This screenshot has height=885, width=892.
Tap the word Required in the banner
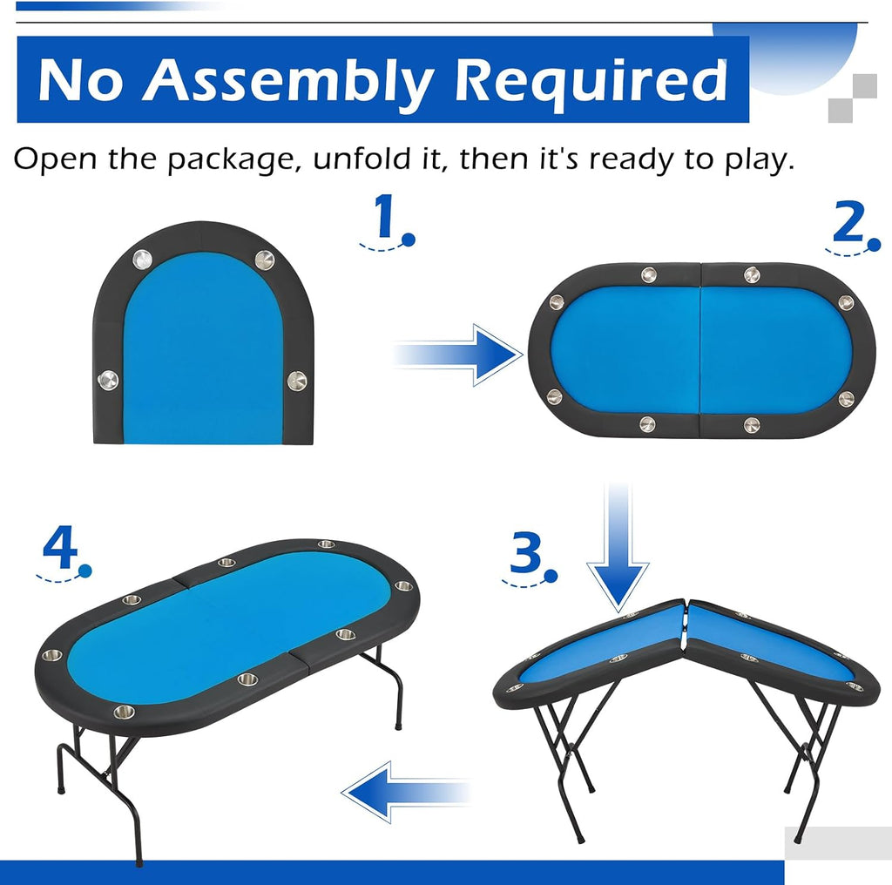pyautogui.click(x=591, y=80)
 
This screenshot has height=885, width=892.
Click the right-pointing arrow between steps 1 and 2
pyautogui.click(x=457, y=355)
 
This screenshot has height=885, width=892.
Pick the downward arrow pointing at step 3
pyautogui.click(x=618, y=547)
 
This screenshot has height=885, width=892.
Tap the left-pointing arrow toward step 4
pyautogui.click(x=406, y=792)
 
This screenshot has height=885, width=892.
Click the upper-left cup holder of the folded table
pyautogui.click(x=142, y=260)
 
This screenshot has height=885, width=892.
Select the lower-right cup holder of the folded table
pyautogui.click(x=297, y=381)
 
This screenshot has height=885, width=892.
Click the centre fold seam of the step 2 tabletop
pyautogui.click(x=700, y=351)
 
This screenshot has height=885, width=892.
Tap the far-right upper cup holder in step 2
pyautogui.click(x=846, y=302)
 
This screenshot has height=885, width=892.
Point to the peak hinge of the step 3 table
pyautogui.click(x=686, y=603)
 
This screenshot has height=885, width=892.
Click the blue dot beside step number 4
pyautogui.click(x=85, y=571)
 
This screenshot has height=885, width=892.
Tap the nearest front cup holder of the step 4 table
pyautogui.click(x=124, y=712)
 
